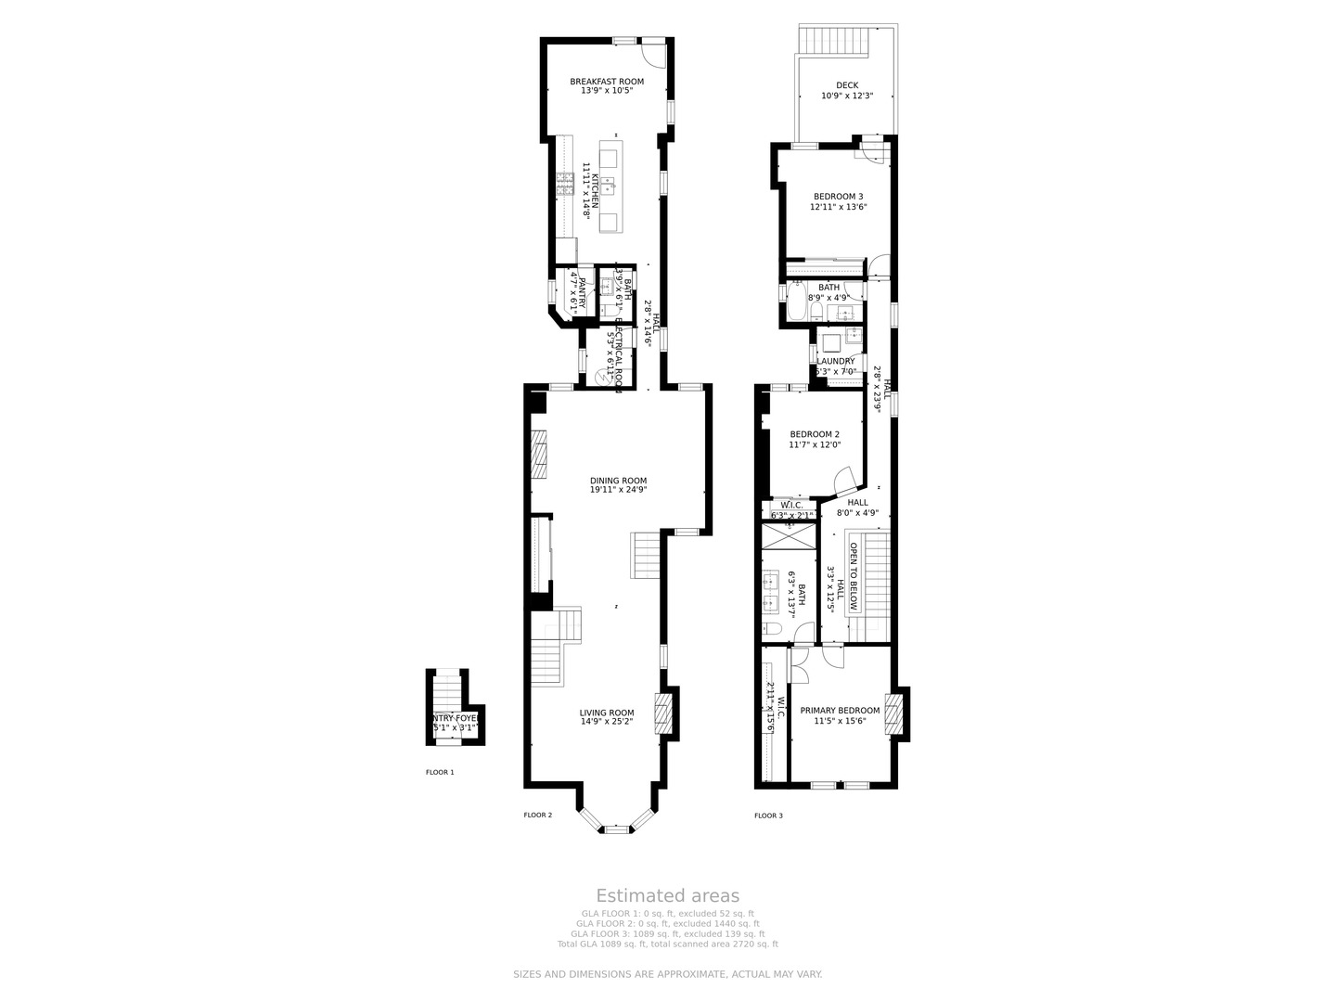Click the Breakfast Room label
click(606, 82)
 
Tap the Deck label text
click(846, 85)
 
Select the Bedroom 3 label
click(838, 197)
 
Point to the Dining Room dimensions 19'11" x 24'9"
click(618, 490)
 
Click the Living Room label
click(607, 713)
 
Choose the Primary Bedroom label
click(840, 711)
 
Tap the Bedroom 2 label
click(815, 434)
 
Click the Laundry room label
click(835, 361)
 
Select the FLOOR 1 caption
click(440, 772)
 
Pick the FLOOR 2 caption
click(537, 816)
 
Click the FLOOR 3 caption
click(768, 816)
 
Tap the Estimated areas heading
click(667, 895)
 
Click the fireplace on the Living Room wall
click(662, 713)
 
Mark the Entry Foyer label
click(455, 718)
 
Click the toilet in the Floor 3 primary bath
click(773, 631)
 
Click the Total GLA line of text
click(667, 944)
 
